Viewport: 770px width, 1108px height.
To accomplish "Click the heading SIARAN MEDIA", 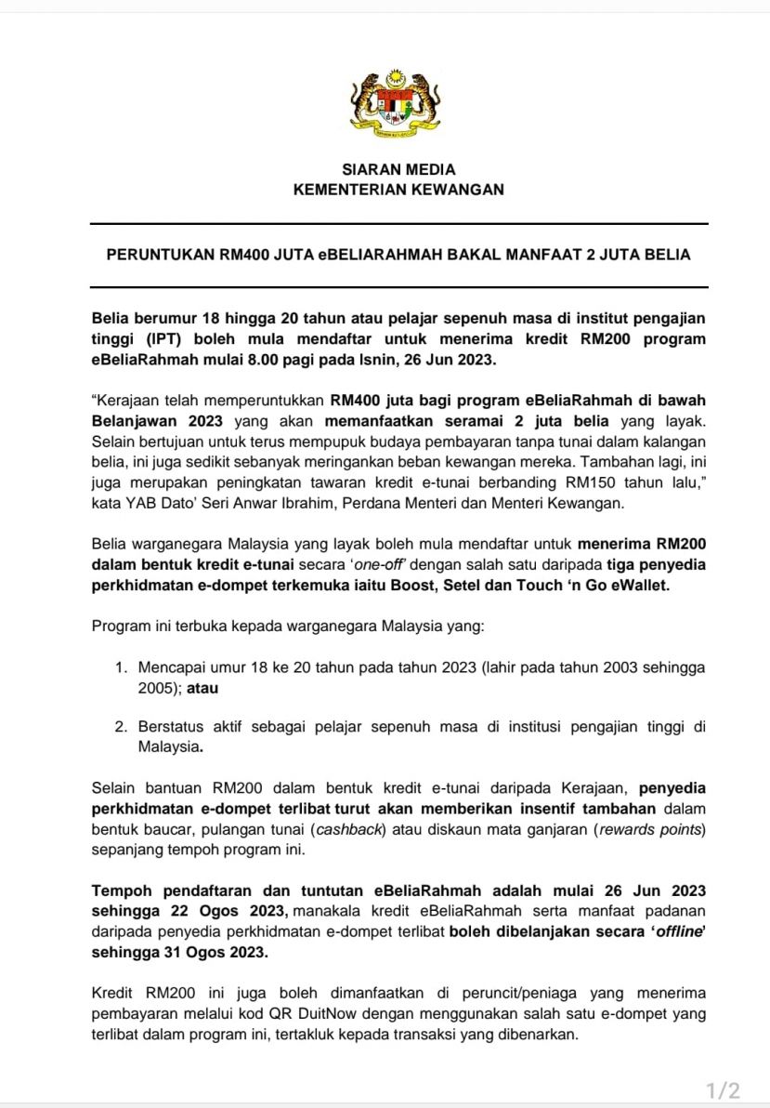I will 398,170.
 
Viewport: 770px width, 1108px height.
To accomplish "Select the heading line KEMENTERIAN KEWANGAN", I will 398,190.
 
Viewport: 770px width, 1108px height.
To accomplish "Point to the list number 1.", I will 121,668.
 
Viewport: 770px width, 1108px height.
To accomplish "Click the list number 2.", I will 121,726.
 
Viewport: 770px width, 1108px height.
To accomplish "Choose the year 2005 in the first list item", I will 156,689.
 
